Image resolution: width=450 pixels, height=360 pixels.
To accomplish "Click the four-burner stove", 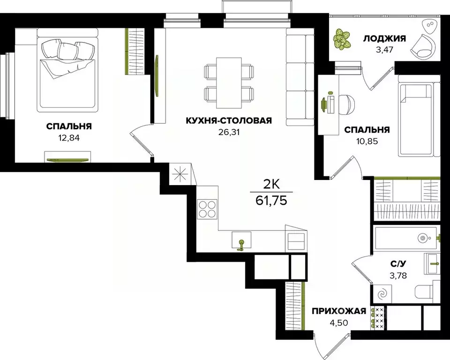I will tap(207, 209).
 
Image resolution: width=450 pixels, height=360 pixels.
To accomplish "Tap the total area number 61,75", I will tap(272, 201).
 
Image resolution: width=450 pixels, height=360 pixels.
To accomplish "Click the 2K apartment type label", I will tap(271, 184).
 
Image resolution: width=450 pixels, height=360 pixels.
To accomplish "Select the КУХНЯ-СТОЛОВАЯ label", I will tap(229, 121).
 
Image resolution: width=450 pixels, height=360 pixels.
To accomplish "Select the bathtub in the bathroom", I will tap(406, 239).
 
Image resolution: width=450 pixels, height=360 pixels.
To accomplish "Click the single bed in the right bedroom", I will tap(419, 120).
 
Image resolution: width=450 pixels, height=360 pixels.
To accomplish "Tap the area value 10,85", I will tap(367, 140).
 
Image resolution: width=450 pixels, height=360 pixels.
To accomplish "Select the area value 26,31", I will tap(229, 132).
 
